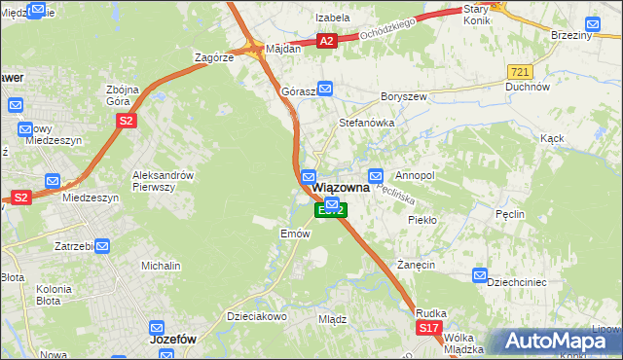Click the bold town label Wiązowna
(x=340, y=189)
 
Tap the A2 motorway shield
(x=327, y=40)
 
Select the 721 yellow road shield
(x=519, y=73)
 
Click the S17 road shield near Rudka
(x=429, y=329)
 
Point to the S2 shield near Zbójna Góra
(x=126, y=120)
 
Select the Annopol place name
(x=414, y=175)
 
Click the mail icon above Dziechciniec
(x=479, y=276)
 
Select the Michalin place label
(x=161, y=266)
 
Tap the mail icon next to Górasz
(x=325, y=89)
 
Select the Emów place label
(x=294, y=234)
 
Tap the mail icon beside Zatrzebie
(x=101, y=247)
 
